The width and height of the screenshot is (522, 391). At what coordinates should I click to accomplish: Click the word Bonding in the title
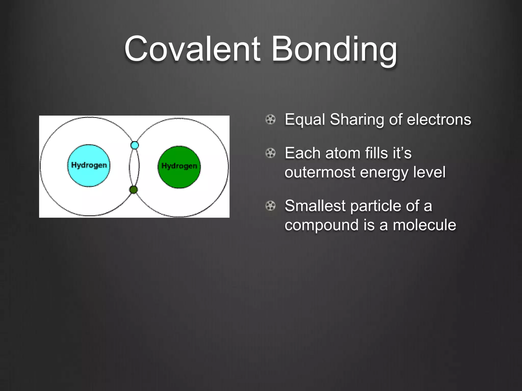334,50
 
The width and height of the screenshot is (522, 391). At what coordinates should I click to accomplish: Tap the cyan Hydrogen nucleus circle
89,165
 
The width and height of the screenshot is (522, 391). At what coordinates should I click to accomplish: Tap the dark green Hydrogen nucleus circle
179,167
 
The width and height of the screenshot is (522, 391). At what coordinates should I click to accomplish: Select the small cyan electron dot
135,145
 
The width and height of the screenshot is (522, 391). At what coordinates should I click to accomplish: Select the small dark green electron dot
134,190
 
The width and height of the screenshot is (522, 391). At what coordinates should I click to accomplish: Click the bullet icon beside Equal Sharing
270,119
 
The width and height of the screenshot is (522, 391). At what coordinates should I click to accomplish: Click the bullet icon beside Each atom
270,153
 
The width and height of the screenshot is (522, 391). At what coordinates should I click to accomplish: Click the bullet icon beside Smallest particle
270,206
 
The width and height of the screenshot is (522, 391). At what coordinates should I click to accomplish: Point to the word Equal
305,120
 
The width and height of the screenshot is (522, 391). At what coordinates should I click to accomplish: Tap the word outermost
320,173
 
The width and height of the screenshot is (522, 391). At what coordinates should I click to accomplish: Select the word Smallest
315,206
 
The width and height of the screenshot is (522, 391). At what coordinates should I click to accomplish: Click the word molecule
424,225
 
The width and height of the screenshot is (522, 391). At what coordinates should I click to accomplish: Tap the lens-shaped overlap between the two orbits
134,167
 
